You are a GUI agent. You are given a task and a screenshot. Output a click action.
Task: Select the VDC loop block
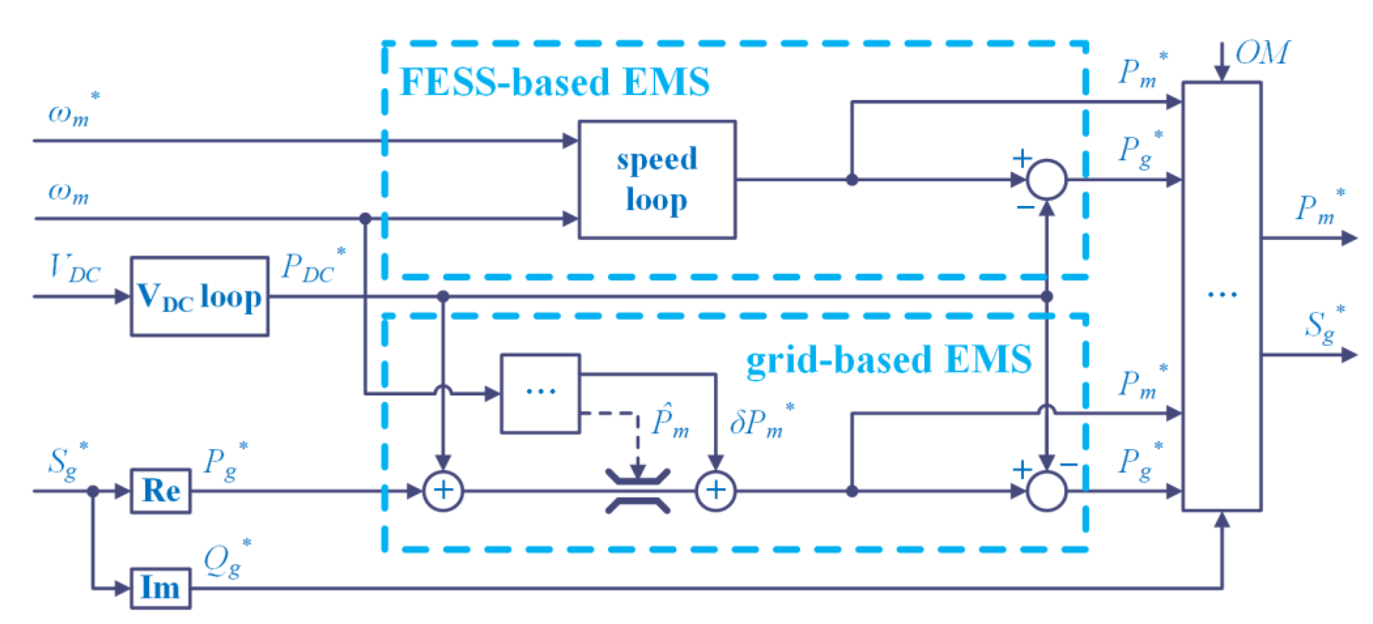(200, 296)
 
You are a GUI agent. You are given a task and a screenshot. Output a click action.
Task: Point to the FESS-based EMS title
(555, 83)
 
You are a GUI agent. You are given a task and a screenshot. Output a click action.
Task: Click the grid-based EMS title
(889, 360)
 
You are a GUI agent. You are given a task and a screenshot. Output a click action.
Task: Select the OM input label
(1262, 53)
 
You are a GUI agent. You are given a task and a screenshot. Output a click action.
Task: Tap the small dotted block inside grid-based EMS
(541, 393)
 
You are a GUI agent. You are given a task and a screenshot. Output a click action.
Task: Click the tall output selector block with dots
(1221, 296)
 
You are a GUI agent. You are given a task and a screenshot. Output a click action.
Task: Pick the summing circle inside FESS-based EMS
(1046, 179)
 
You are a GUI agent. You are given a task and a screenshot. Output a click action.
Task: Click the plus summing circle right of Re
(443, 491)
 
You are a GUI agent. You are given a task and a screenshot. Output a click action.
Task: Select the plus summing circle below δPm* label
(715, 491)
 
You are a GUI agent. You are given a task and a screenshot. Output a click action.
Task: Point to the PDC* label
(312, 266)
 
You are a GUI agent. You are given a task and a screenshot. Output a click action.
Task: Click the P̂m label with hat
(670, 421)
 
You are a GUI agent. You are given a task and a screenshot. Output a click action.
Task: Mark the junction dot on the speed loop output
(852, 179)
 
